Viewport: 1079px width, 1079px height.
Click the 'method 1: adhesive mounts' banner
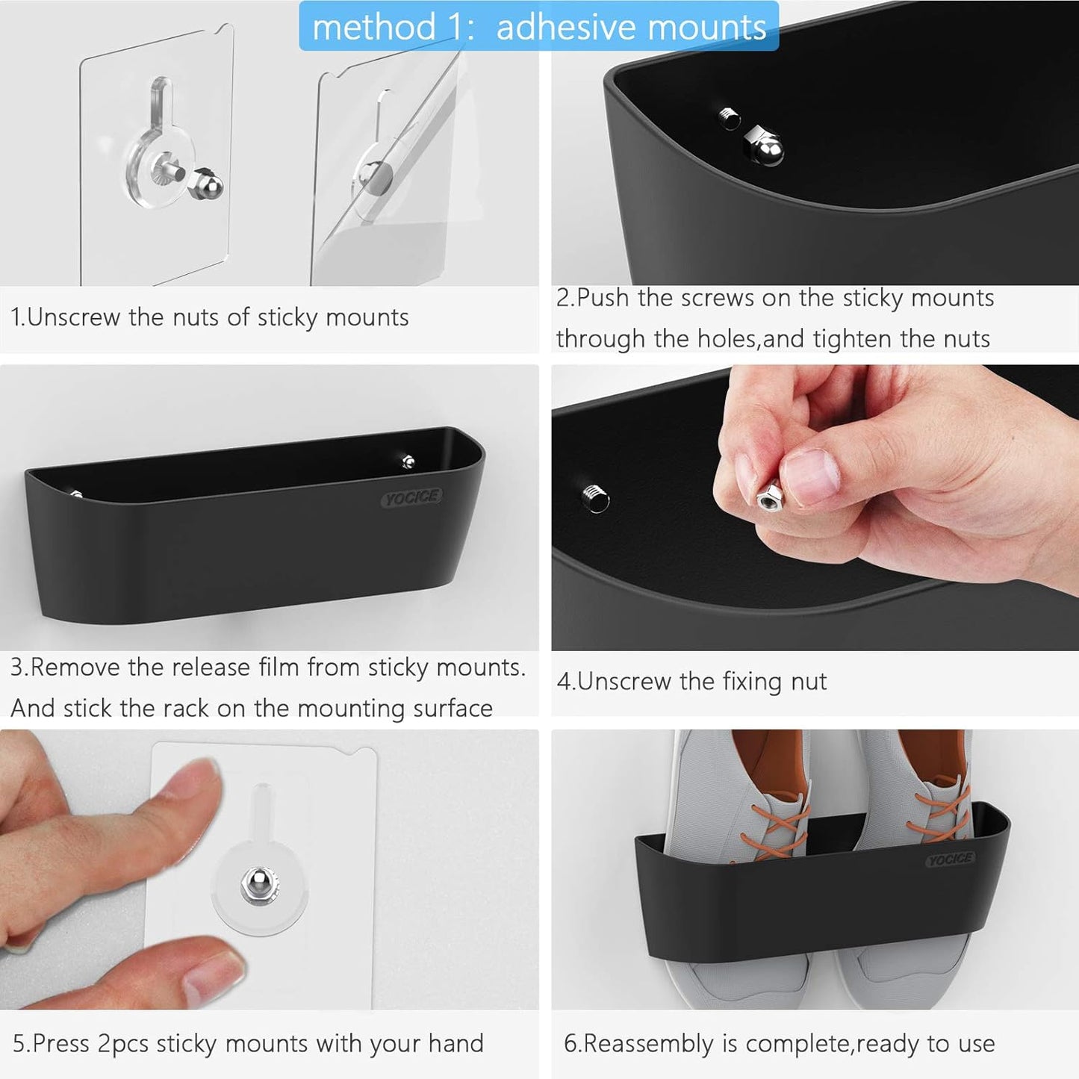(538, 27)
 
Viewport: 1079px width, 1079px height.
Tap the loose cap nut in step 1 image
(205, 184)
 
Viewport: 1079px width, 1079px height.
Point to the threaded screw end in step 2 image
(730, 118)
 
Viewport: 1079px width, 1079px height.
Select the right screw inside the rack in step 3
(408, 461)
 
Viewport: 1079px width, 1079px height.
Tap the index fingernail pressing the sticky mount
(199, 779)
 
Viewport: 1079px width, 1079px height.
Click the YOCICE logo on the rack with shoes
(950, 859)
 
